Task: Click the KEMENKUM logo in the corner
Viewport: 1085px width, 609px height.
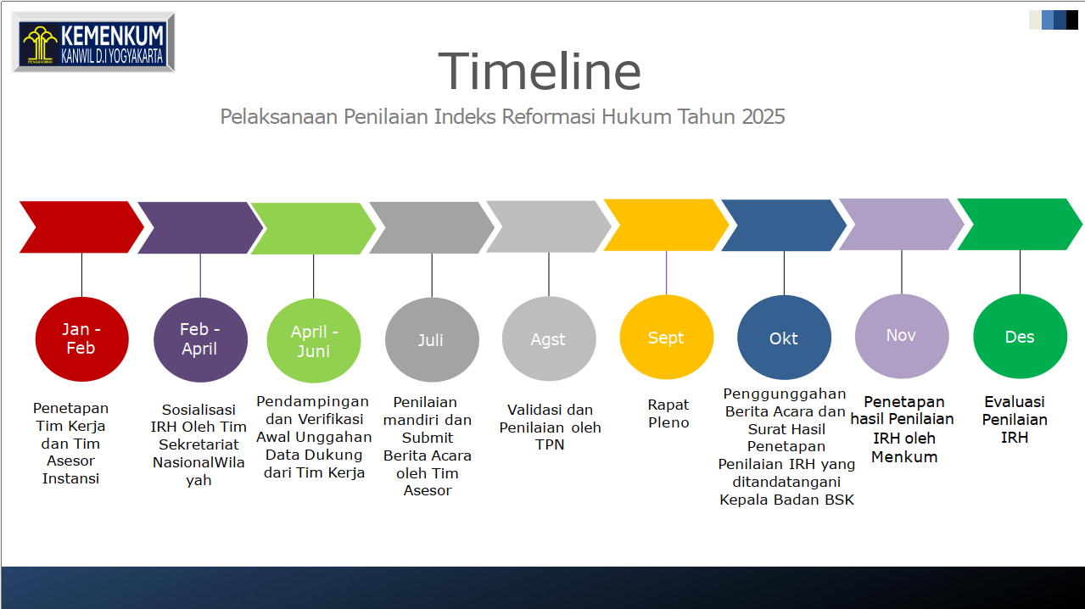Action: [x=93, y=42]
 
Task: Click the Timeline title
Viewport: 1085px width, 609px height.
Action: [x=540, y=70]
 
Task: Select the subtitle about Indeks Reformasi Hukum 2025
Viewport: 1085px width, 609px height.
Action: [x=502, y=116]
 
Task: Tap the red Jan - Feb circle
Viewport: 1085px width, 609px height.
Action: [x=81, y=339]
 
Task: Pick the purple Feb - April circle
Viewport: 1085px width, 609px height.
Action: [x=200, y=339]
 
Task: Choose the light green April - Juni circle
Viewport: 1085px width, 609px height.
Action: [x=314, y=341]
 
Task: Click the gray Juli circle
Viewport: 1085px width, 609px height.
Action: [x=431, y=340]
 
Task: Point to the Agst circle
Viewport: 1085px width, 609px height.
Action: [x=548, y=339]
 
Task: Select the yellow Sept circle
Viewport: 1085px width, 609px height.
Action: [x=666, y=338]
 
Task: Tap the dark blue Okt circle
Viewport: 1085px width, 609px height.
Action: [x=784, y=338]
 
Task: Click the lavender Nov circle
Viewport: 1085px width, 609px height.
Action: [x=901, y=336]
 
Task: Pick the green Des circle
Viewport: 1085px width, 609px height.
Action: [x=1019, y=337]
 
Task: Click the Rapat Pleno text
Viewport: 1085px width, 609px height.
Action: [x=668, y=414]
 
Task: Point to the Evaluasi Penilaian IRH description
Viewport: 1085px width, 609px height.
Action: [x=1015, y=420]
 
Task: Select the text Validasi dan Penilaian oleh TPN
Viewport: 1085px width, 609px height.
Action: [x=550, y=427]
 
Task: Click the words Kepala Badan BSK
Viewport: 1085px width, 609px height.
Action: [x=786, y=500]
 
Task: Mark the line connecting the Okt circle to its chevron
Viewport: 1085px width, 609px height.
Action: [x=784, y=273]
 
